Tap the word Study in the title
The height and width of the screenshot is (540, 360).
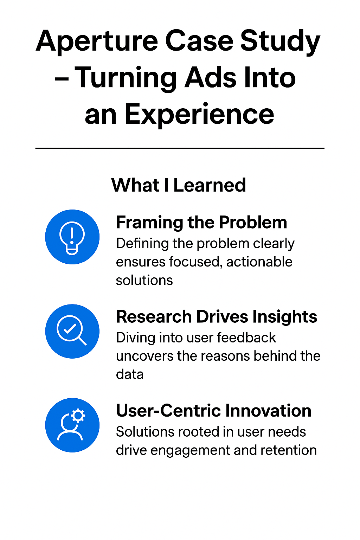[x=280, y=41]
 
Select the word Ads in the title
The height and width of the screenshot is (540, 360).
[x=211, y=77]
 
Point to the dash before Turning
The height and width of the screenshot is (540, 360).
[x=62, y=79]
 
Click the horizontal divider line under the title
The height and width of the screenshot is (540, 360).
[x=180, y=148]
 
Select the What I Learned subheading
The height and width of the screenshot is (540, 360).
[x=179, y=185]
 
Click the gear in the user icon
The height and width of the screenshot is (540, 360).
[x=78, y=415]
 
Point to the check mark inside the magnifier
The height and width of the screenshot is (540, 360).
[x=70, y=328]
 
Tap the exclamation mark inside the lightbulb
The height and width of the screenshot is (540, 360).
[x=72, y=236]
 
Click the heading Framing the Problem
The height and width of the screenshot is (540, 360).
[x=201, y=222]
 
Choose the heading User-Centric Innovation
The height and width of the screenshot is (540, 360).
[x=214, y=411]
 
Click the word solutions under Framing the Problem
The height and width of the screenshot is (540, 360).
[x=144, y=280]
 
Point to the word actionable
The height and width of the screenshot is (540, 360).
[x=259, y=262]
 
